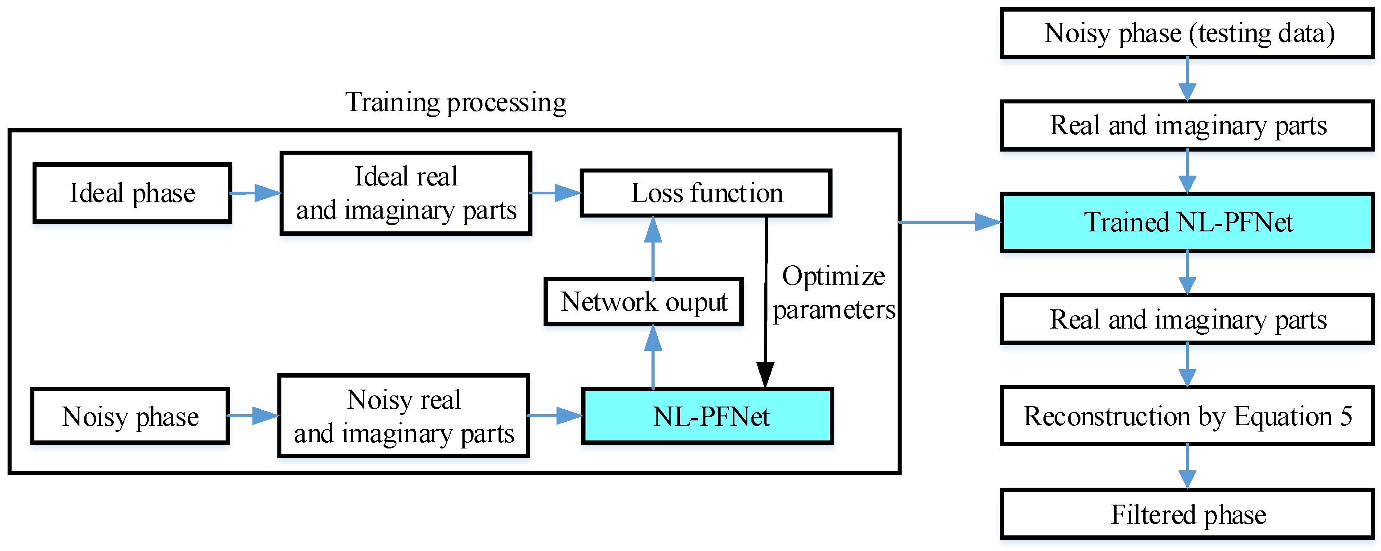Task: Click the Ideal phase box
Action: (132, 193)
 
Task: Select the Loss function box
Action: (705, 193)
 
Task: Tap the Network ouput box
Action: (643, 302)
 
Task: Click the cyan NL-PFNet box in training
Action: (708, 416)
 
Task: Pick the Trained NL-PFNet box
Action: (1187, 222)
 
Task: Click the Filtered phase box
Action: (1187, 514)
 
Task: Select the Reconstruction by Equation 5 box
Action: (1187, 416)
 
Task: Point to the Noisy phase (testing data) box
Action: (1187, 33)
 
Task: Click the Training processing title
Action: (456, 102)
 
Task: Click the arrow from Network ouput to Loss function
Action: (652, 247)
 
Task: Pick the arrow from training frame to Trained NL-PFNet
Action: (949, 222)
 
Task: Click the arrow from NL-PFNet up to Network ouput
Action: (652, 357)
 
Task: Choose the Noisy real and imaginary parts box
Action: (404, 416)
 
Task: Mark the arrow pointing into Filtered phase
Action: (1187, 467)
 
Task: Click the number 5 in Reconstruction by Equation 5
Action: (1346, 415)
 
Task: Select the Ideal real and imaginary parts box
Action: (406, 193)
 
